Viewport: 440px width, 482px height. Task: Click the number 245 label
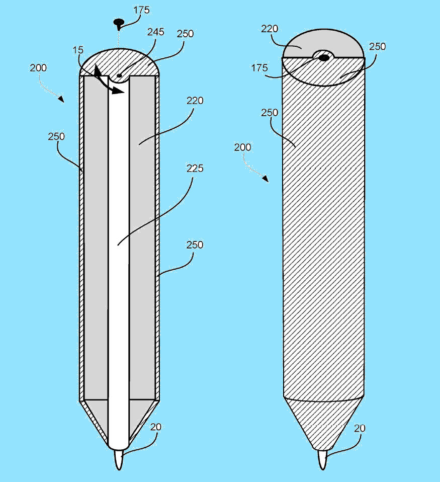(x=156, y=32)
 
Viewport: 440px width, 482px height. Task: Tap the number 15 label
(x=78, y=50)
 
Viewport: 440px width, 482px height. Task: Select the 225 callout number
(x=195, y=168)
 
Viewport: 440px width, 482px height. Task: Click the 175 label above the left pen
(x=141, y=10)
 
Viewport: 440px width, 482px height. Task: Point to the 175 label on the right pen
(x=259, y=67)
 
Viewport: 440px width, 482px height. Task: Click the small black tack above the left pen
(x=119, y=23)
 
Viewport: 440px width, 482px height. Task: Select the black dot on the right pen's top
(x=323, y=57)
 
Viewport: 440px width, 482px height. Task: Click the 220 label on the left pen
(x=195, y=101)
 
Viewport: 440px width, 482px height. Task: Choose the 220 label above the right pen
(x=270, y=29)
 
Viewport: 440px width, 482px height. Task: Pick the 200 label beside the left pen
(x=38, y=67)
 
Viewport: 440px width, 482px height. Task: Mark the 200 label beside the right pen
(x=242, y=147)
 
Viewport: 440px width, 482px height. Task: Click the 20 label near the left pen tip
(x=155, y=427)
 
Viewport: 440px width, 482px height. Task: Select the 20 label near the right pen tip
(x=360, y=428)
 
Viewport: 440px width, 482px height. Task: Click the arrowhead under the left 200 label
(x=61, y=99)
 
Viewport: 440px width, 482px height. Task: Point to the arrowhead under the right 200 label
(x=266, y=179)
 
